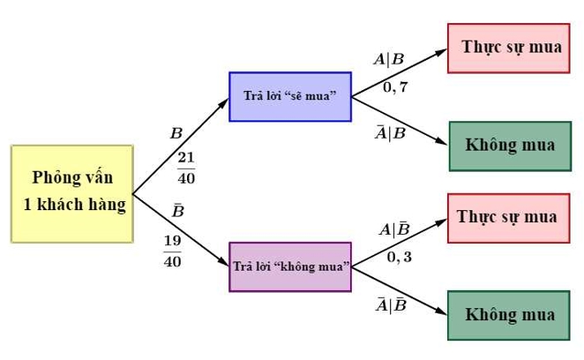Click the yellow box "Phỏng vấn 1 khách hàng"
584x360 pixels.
coord(72,193)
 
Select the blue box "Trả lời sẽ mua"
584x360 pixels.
coord(289,95)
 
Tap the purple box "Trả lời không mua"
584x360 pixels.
coord(290,266)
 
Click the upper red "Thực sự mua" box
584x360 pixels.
coord(511,47)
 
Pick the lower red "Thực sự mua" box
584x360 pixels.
coord(507,217)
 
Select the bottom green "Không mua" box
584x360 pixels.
coord(510,315)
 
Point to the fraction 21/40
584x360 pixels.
coord(186,168)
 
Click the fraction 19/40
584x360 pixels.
coord(172,251)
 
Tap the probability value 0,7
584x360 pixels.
coord(395,87)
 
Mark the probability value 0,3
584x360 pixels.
coord(399,258)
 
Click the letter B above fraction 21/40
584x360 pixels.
coord(176,134)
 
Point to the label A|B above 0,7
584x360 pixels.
coord(388,60)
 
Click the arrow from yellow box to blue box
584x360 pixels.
coord(181,146)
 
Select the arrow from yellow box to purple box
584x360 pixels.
coord(181,230)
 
